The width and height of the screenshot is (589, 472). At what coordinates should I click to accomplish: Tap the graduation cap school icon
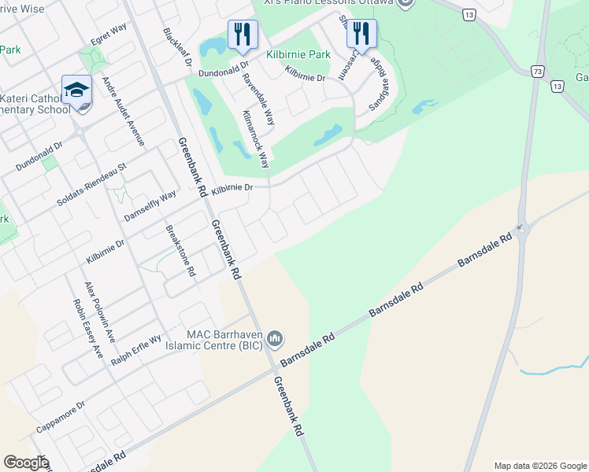coord(77,90)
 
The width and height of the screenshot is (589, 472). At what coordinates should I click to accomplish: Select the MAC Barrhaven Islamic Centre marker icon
coord(275,338)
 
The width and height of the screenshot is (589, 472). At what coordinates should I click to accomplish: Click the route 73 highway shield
coord(538,71)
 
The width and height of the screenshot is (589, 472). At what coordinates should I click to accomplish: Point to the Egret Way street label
coord(109,36)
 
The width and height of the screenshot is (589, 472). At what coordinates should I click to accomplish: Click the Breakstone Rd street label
coord(180,251)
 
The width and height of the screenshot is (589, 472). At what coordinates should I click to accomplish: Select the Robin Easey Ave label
coord(87,328)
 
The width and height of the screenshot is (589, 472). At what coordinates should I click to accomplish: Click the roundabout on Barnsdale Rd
coord(520,230)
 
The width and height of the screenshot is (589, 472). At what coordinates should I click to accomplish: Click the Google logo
coord(26,463)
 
